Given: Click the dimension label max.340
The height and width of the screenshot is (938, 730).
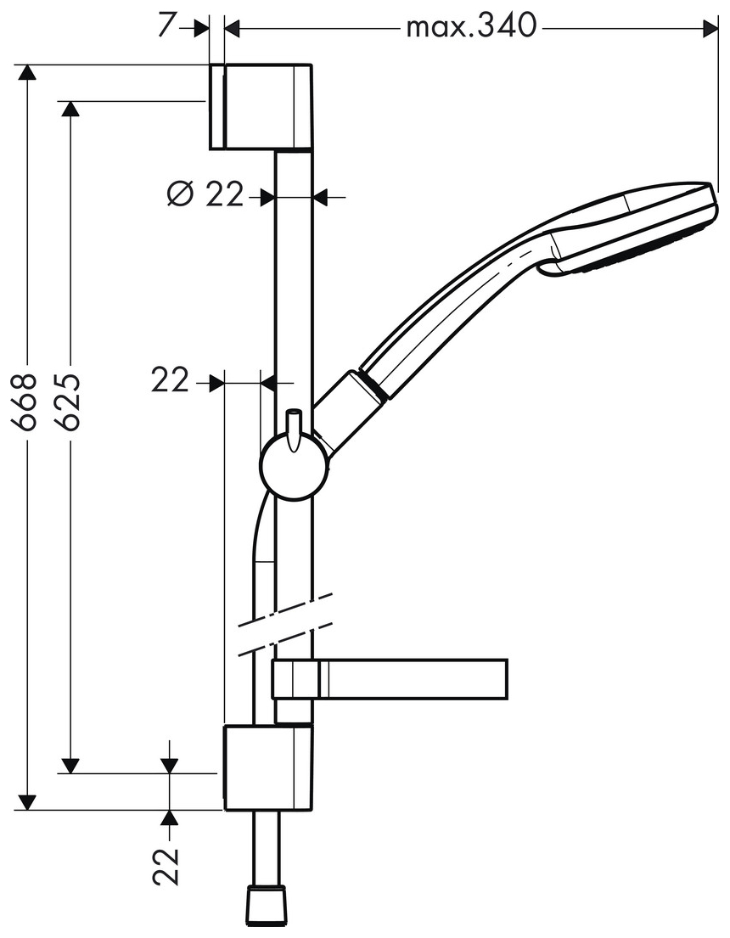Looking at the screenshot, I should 471,27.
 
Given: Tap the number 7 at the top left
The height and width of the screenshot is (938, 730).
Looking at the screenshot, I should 167,26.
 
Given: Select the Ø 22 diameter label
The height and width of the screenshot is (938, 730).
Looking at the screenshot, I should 205,195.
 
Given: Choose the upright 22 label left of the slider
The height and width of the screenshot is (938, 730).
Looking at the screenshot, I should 170,382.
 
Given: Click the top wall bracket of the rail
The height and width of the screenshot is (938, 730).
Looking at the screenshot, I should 260,106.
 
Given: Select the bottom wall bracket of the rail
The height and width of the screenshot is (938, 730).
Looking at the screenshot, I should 267,767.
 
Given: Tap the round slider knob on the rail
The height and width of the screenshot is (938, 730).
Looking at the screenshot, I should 294,466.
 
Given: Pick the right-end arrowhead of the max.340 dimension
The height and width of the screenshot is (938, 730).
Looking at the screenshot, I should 710,28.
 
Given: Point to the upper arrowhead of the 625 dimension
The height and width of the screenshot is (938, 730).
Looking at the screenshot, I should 70,110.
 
